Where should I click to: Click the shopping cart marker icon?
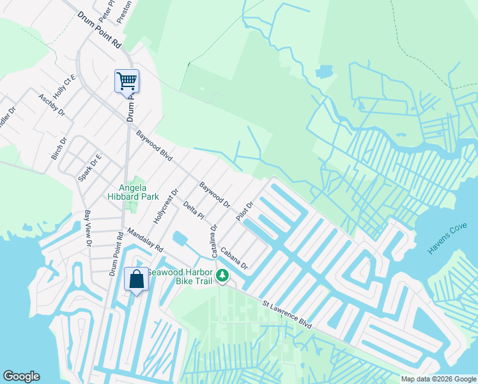(127, 81)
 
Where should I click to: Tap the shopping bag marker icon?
(136, 280)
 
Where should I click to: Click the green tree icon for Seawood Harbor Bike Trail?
(222, 276)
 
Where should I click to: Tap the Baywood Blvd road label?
(155, 146)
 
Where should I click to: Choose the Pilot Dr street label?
(245, 211)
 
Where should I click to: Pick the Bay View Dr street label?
(89, 229)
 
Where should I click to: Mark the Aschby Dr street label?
(52, 104)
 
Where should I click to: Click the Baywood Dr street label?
(214, 195)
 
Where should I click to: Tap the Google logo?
(21, 376)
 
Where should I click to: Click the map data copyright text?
(439, 379)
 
